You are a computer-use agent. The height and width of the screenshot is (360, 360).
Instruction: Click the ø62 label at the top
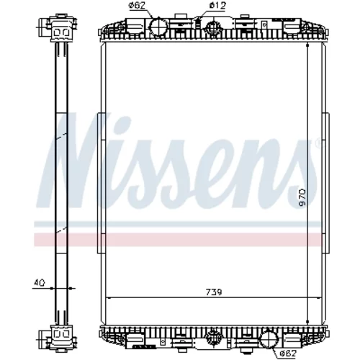(138, 5)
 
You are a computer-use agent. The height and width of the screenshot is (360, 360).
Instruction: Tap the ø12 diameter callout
(217, 5)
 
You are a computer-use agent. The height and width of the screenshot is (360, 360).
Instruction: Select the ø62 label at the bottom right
(288, 354)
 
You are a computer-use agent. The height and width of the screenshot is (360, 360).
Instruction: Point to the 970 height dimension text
(302, 197)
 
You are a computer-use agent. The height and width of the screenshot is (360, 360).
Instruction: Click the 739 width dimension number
(214, 292)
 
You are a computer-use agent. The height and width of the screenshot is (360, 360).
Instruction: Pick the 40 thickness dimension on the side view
(39, 283)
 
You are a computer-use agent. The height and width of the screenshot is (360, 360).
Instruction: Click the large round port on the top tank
(158, 27)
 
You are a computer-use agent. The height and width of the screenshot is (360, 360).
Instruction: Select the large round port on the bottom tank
(269, 338)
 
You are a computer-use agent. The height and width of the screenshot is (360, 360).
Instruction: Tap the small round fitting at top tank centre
(212, 27)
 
